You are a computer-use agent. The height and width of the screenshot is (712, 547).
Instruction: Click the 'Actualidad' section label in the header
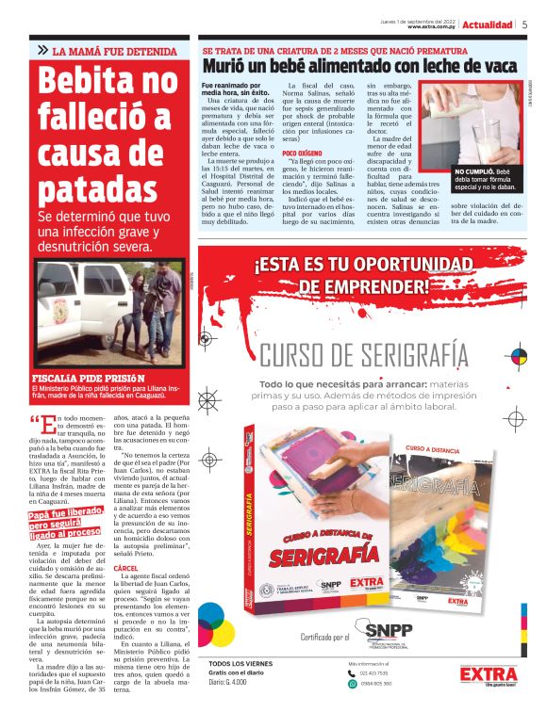488,24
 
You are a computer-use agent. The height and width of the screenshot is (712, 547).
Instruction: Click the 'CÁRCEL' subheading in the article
125,542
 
